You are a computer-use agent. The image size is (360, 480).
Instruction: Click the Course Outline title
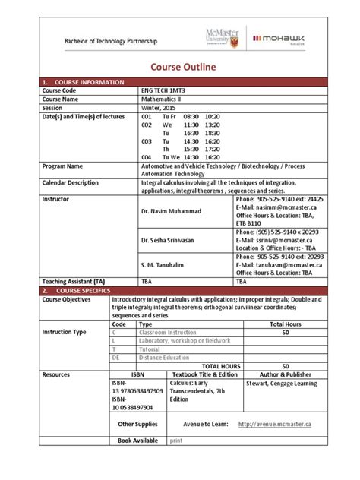click(x=179, y=68)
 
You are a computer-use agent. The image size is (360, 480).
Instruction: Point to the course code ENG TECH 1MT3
click(x=166, y=90)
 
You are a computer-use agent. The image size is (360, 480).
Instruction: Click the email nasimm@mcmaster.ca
click(x=274, y=207)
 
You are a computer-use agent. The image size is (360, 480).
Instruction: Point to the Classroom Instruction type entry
click(x=167, y=332)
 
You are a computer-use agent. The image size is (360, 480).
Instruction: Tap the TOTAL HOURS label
click(x=219, y=365)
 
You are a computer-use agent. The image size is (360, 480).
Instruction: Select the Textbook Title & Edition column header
click(x=204, y=374)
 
